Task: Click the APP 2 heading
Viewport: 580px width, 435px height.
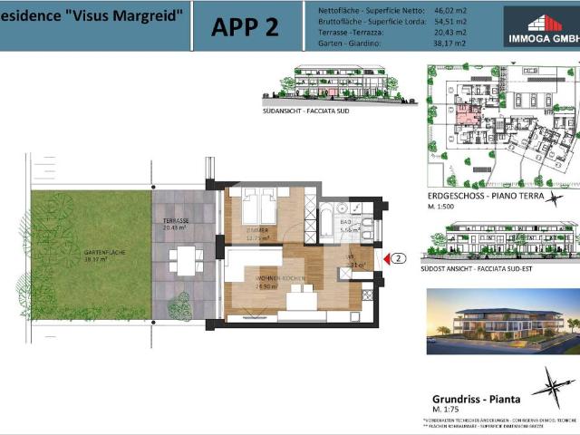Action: coord(245,26)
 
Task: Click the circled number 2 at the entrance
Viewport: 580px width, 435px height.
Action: coord(400,258)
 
